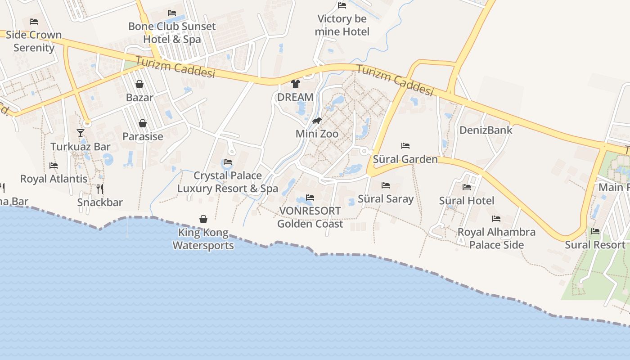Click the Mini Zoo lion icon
click(317, 121)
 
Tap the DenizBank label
click(486, 130)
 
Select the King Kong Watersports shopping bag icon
click(203, 219)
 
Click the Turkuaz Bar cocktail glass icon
click(81, 133)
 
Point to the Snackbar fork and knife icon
click(100, 189)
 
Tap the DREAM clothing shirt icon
click(295, 83)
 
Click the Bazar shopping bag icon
click(139, 84)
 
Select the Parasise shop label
click(143, 136)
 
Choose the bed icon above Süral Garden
click(405, 146)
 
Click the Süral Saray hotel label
click(385, 199)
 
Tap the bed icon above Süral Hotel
click(467, 187)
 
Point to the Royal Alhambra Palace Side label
click(496, 238)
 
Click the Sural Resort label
click(595, 245)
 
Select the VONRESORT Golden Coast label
click(310, 217)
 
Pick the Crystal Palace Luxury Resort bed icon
click(228, 162)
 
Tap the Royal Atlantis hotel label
click(54, 179)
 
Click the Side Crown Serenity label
click(34, 41)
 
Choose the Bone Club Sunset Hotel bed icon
click(172, 13)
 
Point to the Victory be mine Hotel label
click(342, 25)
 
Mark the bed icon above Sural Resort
click(595, 231)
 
